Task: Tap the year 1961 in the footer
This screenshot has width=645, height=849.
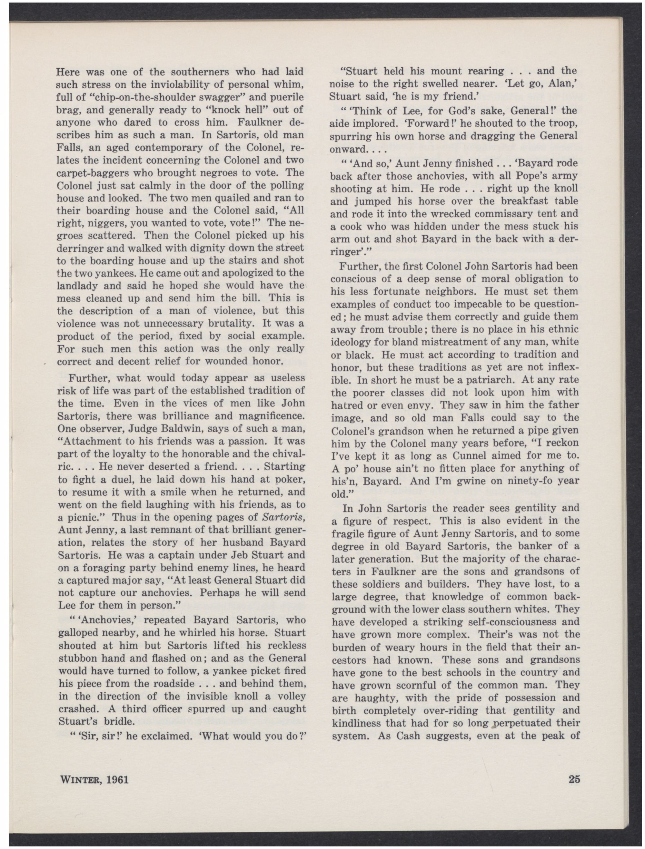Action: click(x=115, y=779)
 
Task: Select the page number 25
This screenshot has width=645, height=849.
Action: click(x=574, y=779)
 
